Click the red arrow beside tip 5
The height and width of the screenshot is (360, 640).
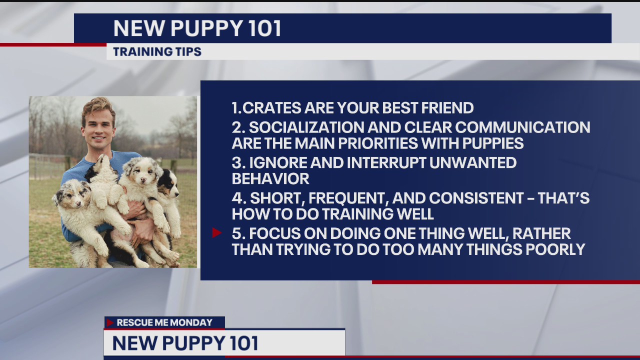coord(216,232)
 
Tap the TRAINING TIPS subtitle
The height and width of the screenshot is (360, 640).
coord(157,52)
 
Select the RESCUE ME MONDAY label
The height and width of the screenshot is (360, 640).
coord(164,322)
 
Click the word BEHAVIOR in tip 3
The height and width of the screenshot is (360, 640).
coord(270,178)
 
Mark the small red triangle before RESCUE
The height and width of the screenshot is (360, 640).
coord(110,322)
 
